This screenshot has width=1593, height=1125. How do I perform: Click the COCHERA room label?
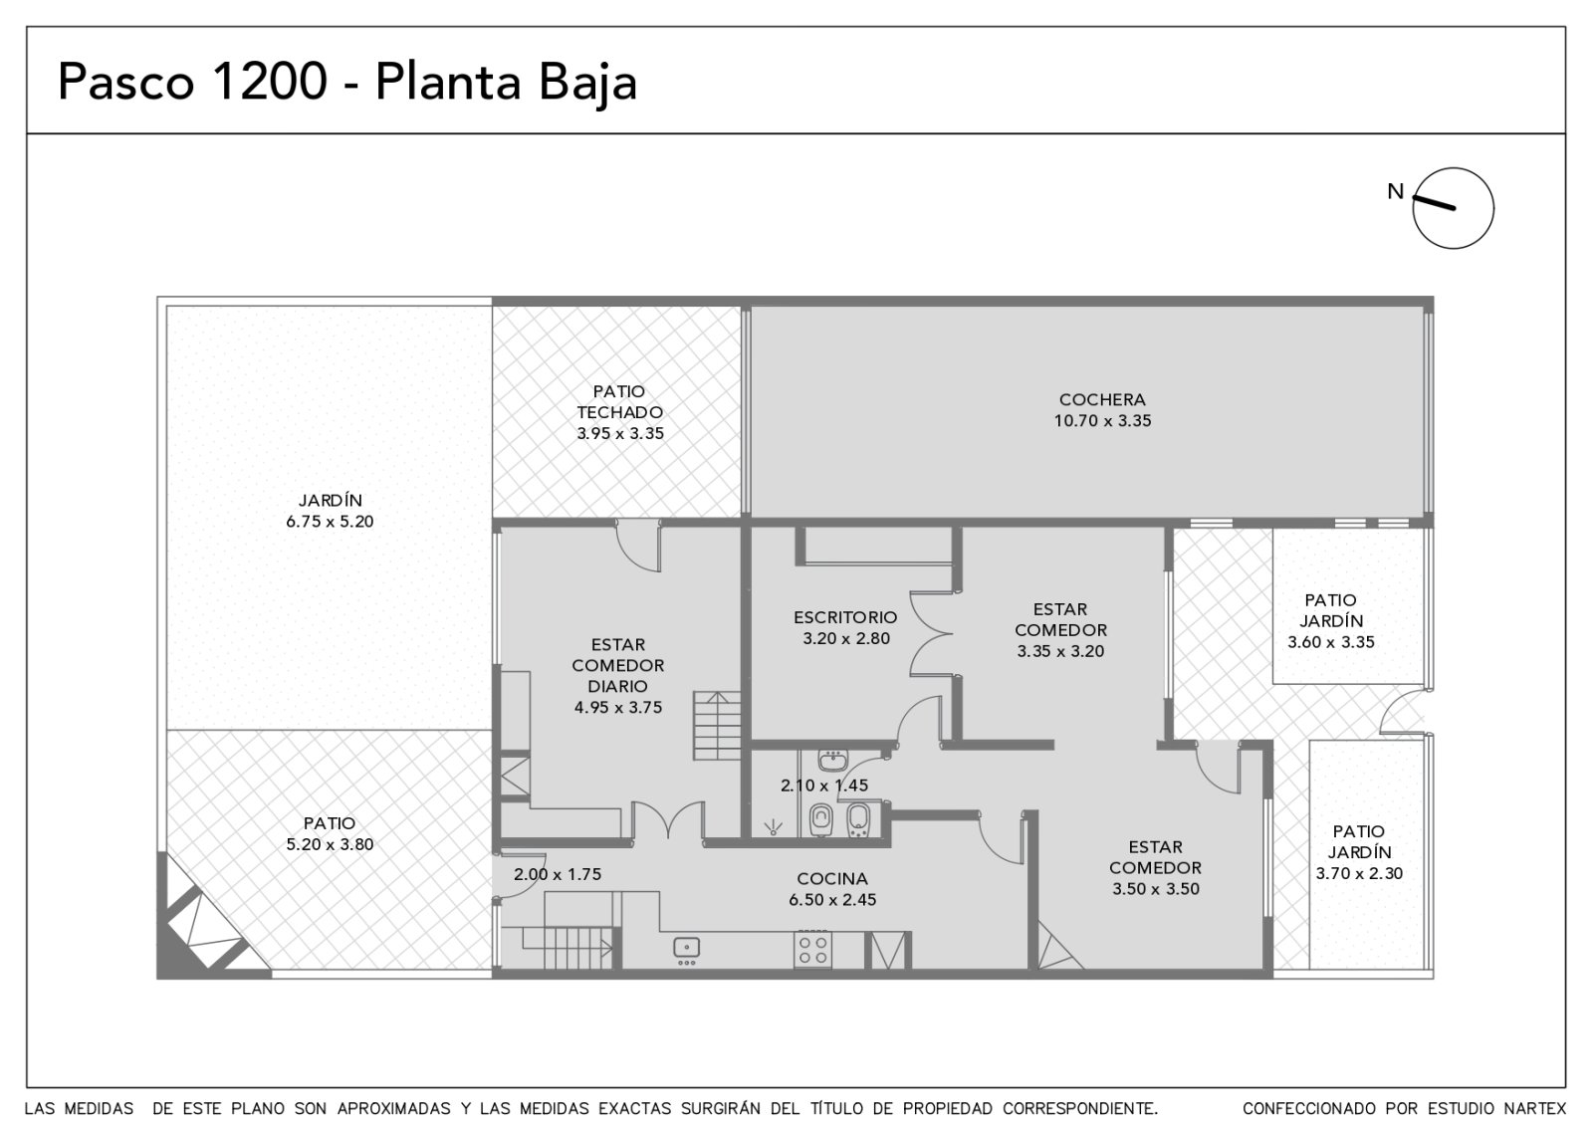pyautogui.click(x=1101, y=399)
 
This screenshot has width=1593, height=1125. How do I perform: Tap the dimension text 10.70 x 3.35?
pyautogui.click(x=1101, y=421)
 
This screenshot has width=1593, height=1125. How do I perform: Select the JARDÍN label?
pyautogui.click(x=330, y=500)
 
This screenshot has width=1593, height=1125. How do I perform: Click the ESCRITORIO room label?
pyautogui.click(x=845, y=617)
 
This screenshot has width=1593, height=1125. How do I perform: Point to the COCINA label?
pyautogui.click(x=832, y=878)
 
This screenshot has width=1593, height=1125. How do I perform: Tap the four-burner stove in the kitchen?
pyautogui.click(x=812, y=949)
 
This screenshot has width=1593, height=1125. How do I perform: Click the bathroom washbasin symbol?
pyautogui.click(x=832, y=761)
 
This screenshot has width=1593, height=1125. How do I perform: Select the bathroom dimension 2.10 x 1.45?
pyautogui.click(x=823, y=786)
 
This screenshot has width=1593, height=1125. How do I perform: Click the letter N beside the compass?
pyautogui.click(x=1395, y=191)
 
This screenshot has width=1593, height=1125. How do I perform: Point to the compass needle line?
pyautogui.click(x=1433, y=203)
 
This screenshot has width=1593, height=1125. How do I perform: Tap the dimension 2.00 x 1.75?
pyautogui.click(x=558, y=874)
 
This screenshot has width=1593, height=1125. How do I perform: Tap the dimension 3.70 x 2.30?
pyautogui.click(x=1358, y=873)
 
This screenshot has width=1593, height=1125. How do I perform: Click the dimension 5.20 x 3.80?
pyautogui.click(x=330, y=844)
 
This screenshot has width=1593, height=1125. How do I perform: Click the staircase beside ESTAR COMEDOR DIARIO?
pyautogui.click(x=717, y=726)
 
